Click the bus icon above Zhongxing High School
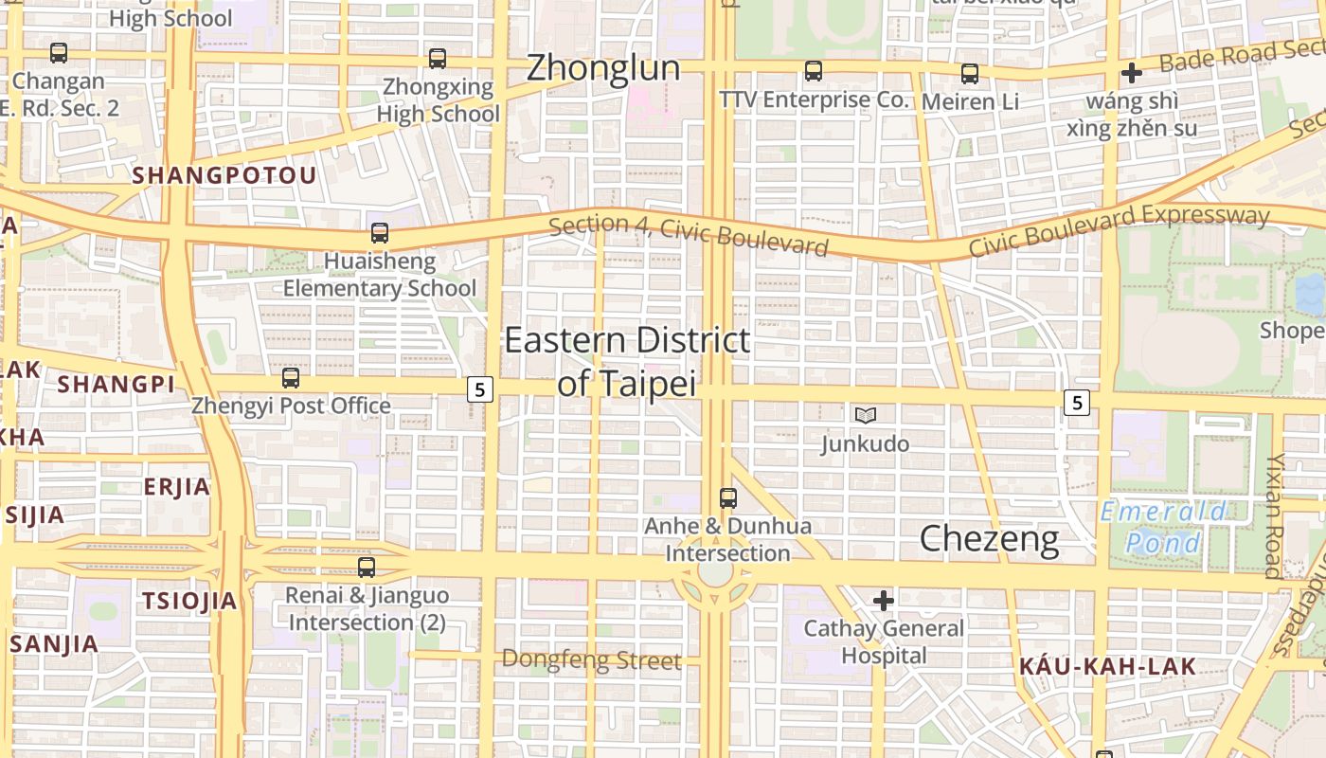click(x=437, y=59)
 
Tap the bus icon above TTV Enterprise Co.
click(x=813, y=71)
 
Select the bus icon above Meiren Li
click(x=969, y=73)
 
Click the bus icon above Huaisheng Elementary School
click(x=379, y=232)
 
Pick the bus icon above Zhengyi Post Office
click(x=291, y=378)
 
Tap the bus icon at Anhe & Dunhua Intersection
click(x=727, y=497)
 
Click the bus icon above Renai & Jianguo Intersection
click(x=366, y=568)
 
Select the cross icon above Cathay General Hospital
click(x=883, y=600)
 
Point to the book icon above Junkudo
click(x=865, y=415)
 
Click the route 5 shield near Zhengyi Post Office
click(x=480, y=388)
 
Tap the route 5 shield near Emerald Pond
click(x=1075, y=403)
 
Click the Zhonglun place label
click(x=603, y=68)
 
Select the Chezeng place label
click(x=989, y=539)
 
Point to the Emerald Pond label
click(x=1163, y=528)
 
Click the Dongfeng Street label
click(x=591, y=659)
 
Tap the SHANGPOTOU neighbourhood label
click(x=224, y=176)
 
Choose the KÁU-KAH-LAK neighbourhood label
click(x=1107, y=667)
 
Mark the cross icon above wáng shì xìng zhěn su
click(x=1131, y=73)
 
